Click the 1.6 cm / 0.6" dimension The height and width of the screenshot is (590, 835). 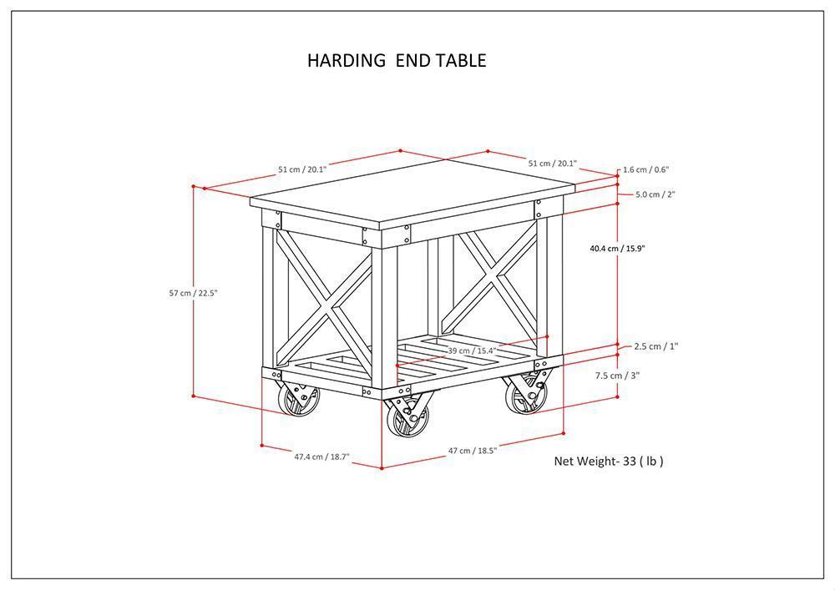645,170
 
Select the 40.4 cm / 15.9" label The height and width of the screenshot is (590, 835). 617,248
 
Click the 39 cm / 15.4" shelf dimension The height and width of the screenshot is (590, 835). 473,350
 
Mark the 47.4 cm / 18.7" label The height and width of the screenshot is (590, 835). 321,456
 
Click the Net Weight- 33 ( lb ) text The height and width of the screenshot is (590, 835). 609,461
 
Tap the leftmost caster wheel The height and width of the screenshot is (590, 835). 299,401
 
